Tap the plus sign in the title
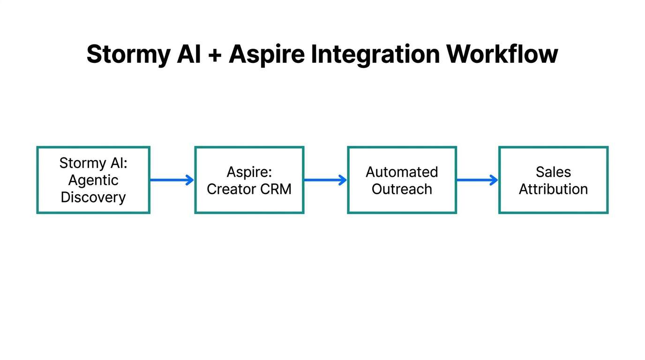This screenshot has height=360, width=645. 215,55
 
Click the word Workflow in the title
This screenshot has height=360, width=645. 502,55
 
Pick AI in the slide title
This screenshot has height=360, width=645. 188,55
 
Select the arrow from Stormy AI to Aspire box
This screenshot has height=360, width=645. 172,180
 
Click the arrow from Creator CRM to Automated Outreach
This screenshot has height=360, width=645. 325,180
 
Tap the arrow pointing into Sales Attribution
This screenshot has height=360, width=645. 477,180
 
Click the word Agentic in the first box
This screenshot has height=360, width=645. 93,180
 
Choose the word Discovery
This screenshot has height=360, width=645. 93,197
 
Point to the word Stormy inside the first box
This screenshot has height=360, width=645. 82,163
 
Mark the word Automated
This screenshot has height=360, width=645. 402,172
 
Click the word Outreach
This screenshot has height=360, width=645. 402,189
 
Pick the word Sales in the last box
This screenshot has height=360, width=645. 553,172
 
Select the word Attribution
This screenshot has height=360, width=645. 553,189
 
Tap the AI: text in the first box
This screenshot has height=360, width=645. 118,163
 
